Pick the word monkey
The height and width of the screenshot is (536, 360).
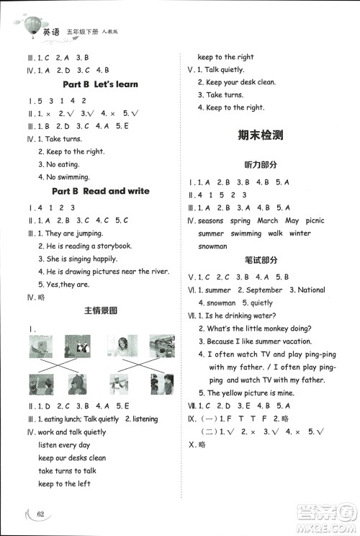coord(277,329)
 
